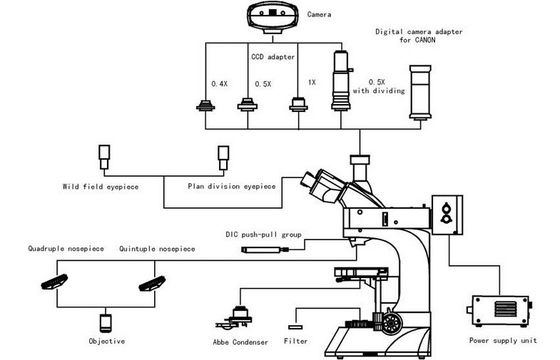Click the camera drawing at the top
pos(273,18)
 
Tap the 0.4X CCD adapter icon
pos(205,106)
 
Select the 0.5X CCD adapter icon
pos(247,104)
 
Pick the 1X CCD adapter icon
pos(298,104)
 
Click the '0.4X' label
pos(219,84)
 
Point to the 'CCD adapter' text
pos(273,57)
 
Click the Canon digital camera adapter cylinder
pos(420,92)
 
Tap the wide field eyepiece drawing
pos(104,157)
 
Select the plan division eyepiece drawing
pos(223,158)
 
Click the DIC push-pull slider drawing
pos(265,250)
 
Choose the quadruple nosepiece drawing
pos(54,282)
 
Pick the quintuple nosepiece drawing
pos(152,284)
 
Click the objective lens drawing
pos(105,323)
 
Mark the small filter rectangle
pos(295,327)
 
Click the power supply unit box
pos(499,311)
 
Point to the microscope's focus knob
pos(391,323)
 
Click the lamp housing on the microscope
pos(447,215)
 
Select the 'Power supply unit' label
pos(503,340)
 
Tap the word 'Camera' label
pos(319,14)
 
